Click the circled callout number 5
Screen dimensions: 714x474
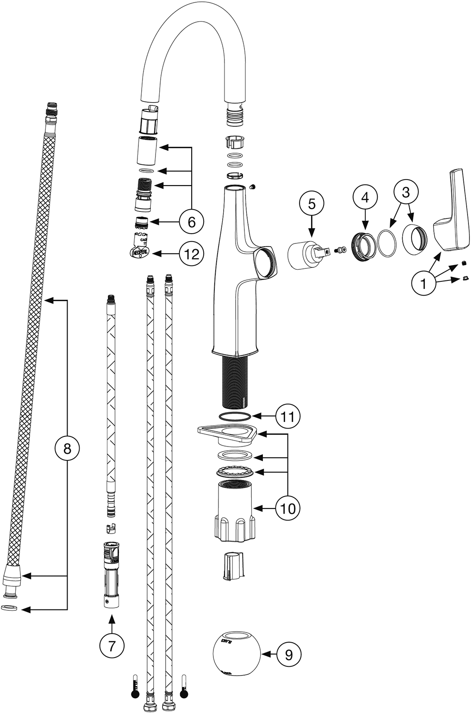click(312, 203)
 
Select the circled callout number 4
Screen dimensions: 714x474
click(365, 197)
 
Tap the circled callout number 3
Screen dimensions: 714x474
click(405, 192)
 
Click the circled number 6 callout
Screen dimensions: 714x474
click(191, 222)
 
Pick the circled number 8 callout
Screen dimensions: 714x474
click(68, 448)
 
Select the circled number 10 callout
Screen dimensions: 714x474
click(288, 509)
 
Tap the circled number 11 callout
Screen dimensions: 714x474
click(288, 416)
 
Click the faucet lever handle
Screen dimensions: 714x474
click(455, 213)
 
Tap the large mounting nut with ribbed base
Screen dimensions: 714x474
click(234, 512)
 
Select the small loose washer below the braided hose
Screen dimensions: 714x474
click(9, 608)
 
